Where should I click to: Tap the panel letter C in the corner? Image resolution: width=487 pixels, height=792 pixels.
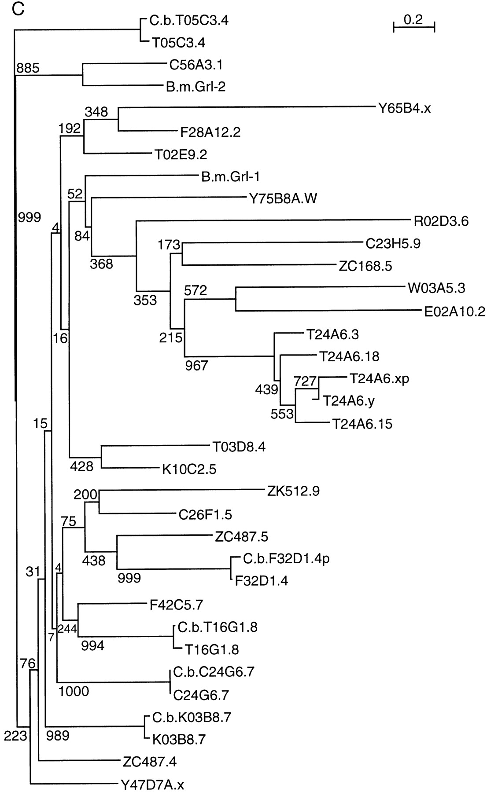click(x=18, y=10)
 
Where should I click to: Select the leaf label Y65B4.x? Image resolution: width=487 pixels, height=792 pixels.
click(x=404, y=108)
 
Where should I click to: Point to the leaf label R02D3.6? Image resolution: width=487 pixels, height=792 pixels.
click(x=441, y=221)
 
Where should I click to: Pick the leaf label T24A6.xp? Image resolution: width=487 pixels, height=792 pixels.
click(x=380, y=378)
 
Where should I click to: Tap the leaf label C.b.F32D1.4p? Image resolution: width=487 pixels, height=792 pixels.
click(x=286, y=559)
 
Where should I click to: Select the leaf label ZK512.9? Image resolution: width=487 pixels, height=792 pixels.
click(x=293, y=491)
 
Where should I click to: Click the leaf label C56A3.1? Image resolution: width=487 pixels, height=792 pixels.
click(x=196, y=65)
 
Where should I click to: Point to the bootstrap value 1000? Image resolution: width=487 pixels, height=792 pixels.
click(x=74, y=691)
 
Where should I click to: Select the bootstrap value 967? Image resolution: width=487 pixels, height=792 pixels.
click(x=196, y=366)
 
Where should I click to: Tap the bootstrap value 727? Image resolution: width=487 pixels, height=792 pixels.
click(x=306, y=381)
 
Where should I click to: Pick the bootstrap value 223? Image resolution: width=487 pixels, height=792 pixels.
click(x=16, y=735)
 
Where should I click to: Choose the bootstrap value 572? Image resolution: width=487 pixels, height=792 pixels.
click(x=196, y=290)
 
